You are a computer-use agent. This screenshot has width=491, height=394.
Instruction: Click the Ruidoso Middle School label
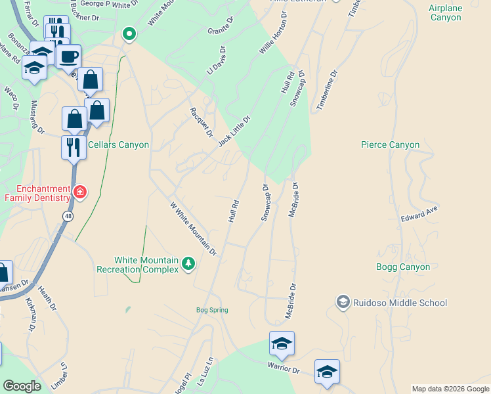(x=400, y=303)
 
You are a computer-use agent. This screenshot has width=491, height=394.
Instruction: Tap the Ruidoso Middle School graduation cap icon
(x=343, y=302)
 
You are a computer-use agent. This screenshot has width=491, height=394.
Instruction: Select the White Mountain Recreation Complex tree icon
(x=189, y=263)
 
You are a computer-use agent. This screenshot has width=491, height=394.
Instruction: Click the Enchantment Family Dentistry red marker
(x=80, y=192)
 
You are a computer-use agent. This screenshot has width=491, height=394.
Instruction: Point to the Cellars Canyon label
(x=118, y=144)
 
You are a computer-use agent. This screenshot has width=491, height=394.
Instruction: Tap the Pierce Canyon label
(x=390, y=144)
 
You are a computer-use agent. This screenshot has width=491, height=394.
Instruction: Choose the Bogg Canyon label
(x=403, y=267)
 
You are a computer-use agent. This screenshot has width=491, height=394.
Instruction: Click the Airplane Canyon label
(x=446, y=12)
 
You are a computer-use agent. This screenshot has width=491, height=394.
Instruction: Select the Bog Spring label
(x=211, y=310)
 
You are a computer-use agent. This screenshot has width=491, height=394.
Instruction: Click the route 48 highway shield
(x=68, y=215)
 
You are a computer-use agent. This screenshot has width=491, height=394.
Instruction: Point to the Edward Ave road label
(x=419, y=214)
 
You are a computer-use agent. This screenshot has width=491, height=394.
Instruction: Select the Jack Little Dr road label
(x=234, y=131)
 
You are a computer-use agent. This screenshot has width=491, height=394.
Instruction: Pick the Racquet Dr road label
(x=202, y=122)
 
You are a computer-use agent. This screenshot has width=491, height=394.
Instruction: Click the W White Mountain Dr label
(x=193, y=228)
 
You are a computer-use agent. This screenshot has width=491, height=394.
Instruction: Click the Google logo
(x=22, y=386)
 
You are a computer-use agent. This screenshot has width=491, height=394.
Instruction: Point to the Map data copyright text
(x=450, y=389)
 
